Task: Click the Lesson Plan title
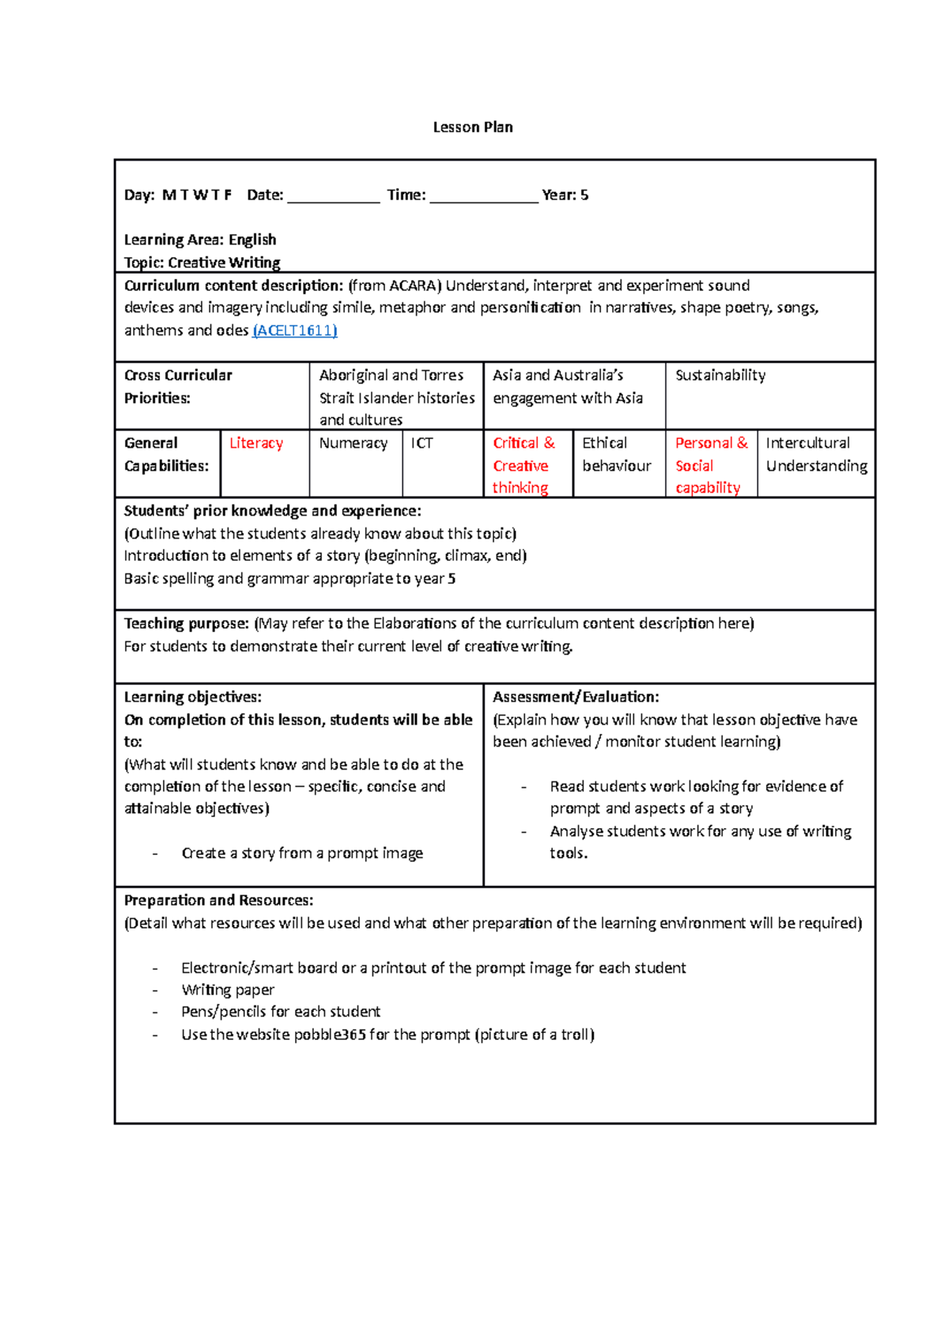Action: [473, 127]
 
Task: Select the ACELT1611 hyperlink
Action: [294, 331]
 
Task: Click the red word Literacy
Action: [256, 443]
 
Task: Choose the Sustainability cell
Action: [720, 375]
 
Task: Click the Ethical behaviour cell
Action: [617, 454]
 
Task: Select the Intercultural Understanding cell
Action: [816, 454]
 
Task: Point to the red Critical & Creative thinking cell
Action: [524, 465]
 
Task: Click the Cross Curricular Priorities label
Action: [178, 386]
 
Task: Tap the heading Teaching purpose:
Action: [187, 623]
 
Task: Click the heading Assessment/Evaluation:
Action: [576, 697]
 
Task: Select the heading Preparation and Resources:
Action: [218, 900]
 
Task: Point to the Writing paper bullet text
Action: [228, 989]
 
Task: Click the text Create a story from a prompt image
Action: [302, 853]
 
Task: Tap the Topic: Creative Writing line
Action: [202, 263]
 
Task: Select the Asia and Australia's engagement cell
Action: [568, 386]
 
